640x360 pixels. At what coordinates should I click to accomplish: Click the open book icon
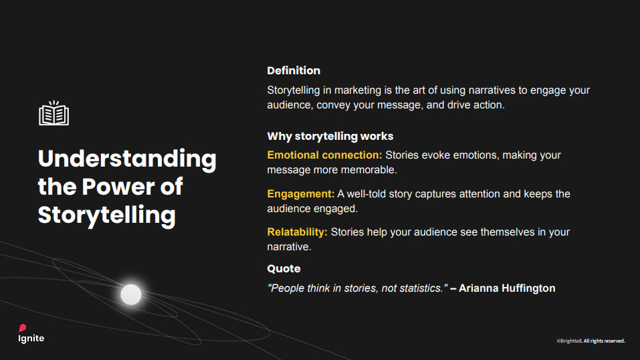tap(54, 114)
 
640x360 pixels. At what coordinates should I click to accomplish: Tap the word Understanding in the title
tap(127, 159)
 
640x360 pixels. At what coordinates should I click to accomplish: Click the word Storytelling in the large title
tap(106, 215)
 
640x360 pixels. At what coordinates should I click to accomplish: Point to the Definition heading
tap(294, 70)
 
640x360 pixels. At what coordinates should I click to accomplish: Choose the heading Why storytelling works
tap(330, 136)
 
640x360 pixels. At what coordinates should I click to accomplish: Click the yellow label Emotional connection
tap(324, 155)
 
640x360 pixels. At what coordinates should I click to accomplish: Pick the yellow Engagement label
tap(300, 194)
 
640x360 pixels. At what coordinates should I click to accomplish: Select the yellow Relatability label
tap(297, 232)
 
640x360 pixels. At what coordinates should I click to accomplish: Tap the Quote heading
tap(284, 268)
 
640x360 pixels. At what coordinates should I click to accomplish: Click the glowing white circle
tap(131, 294)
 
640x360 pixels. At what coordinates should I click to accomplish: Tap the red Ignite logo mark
tap(22, 328)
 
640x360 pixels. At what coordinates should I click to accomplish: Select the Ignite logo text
tap(31, 339)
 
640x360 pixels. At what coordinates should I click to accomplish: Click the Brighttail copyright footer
tap(591, 341)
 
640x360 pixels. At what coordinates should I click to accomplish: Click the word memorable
tap(370, 170)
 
